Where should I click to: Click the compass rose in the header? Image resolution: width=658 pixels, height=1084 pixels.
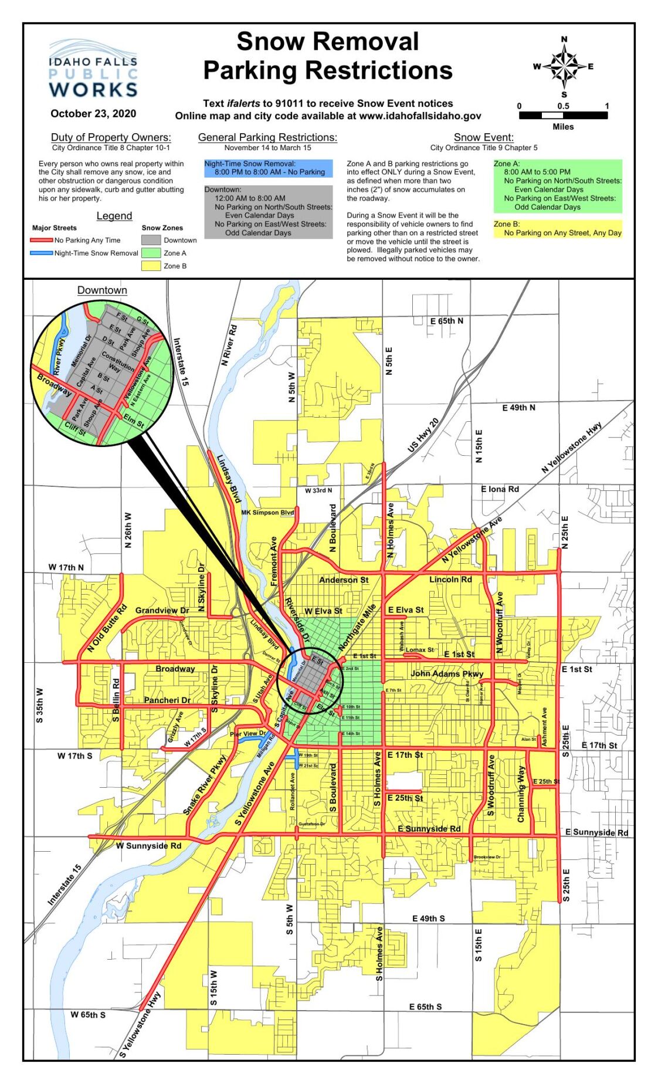coord(564,66)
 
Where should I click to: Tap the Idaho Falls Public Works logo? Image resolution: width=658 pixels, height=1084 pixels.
coord(93,70)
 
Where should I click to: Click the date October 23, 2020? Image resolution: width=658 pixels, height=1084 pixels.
coord(93,114)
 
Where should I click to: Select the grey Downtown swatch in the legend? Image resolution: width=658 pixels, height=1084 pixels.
coord(151,240)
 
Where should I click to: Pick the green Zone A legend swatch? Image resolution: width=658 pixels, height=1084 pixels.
coord(151,253)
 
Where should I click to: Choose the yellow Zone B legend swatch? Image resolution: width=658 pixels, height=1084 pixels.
coord(151,266)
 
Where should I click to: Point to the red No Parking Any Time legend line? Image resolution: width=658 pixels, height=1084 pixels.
coord(42,240)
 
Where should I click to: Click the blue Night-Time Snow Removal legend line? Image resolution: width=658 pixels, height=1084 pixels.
coord(42,253)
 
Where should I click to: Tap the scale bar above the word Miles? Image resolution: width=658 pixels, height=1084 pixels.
coord(563,116)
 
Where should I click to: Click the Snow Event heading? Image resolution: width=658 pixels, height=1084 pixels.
coord(483,137)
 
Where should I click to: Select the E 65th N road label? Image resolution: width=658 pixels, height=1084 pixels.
coord(446,321)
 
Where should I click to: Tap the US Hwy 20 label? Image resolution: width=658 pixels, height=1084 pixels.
coord(423,435)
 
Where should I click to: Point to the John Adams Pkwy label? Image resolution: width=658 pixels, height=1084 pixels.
coord(447,673)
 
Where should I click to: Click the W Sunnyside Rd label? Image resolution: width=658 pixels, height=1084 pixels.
coord(148,845)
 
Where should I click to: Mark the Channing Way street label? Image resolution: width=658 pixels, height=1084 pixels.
coord(521,794)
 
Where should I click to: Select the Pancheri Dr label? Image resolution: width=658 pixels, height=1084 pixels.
coord(167,700)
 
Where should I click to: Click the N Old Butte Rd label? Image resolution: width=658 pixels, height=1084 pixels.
coord(107,628)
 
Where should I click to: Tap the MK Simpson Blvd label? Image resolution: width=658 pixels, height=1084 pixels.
coord(267,513)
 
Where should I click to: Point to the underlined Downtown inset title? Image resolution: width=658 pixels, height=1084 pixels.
coord(102,290)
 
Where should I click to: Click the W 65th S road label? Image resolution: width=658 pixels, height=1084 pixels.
coord(88,1014)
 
